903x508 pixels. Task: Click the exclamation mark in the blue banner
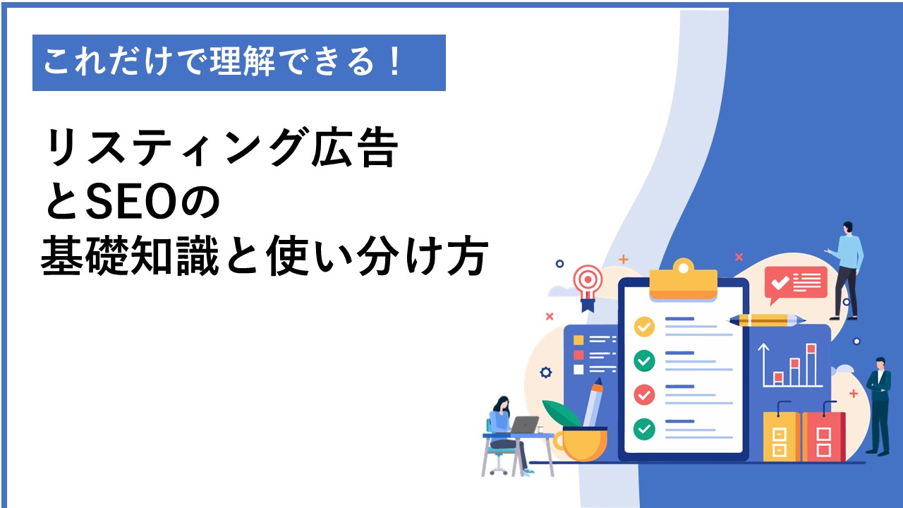tap(396, 61)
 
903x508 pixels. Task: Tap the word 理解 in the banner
tap(243, 61)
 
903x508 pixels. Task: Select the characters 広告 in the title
tap(355, 147)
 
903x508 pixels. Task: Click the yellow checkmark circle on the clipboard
tap(644, 327)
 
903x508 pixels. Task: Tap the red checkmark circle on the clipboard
tap(644, 394)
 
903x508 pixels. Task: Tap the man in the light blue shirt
tap(846, 270)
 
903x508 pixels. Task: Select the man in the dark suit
tap(880, 406)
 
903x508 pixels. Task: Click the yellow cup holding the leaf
tap(581, 445)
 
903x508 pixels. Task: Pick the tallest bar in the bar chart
tap(811, 364)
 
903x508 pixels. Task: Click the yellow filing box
tap(781, 436)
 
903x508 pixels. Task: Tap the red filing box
tap(823, 436)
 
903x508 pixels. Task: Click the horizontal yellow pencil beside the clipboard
tap(766, 320)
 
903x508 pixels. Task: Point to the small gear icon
tap(546, 372)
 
